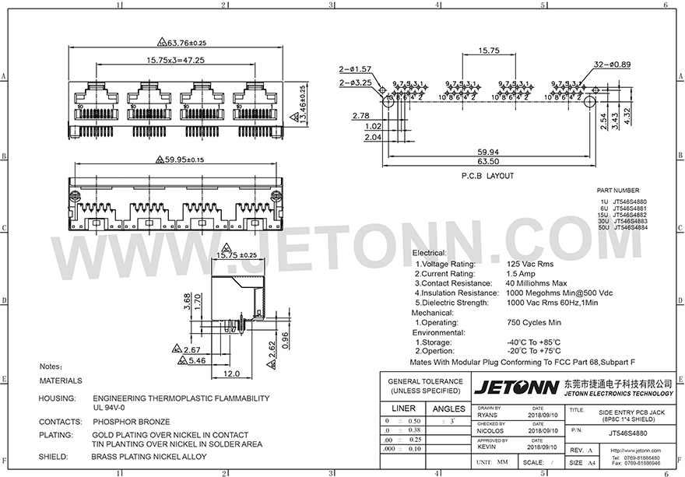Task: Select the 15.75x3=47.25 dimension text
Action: (x=174, y=60)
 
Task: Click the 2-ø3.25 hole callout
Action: (x=355, y=82)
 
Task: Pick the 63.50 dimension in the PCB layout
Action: (x=488, y=162)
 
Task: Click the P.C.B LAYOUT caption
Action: (x=488, y=176)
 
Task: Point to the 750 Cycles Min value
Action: (x=534, y=322)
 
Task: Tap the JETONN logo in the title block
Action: (x=515, y=388)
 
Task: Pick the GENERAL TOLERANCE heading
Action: (x=425, y=382)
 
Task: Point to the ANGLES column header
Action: (x=448, y=408)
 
